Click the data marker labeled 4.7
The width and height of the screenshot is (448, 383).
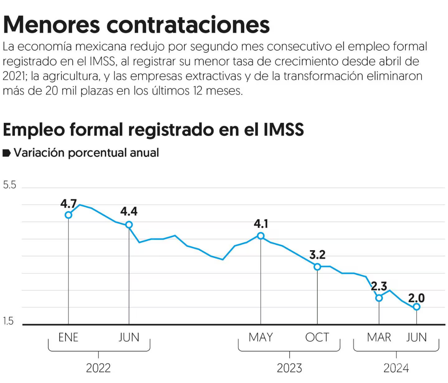point(68,215)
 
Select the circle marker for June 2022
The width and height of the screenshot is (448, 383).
point(129,225)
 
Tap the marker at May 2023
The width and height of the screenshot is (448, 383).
point(261,236)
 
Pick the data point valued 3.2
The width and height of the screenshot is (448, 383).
point(317,267)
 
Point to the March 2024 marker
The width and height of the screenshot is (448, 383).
point(379,298)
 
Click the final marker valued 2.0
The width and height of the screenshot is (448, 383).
point(416,307)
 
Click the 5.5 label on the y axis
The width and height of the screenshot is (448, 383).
point(10,185)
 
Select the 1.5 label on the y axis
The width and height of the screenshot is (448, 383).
point(8,321)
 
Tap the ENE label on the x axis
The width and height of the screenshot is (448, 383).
point(68,338)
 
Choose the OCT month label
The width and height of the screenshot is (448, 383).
point(317,338)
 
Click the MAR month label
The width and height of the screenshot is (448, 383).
point(379,338)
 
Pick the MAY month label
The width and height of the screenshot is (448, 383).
point(261,338)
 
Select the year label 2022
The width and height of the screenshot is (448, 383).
point(98,368)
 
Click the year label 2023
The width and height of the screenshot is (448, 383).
point(289,368)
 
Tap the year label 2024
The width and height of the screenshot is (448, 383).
point(396,368)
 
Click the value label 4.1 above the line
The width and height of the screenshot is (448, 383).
point(261,224)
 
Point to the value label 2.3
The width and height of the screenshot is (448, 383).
point(379,286)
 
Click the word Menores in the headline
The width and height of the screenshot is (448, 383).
point(52,25)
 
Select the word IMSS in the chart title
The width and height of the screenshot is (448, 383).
point(284,129)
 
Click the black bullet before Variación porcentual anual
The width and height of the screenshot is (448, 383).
point(7,153)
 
